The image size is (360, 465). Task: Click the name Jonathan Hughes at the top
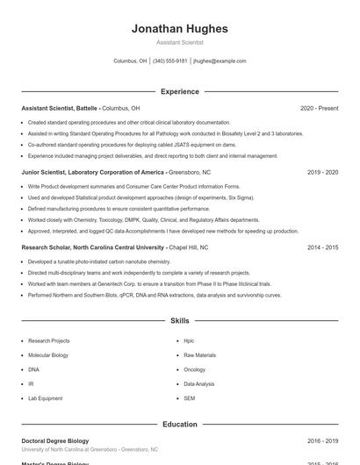[179, 29]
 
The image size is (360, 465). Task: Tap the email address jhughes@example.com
[220, 61]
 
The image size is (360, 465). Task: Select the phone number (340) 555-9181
[170, 61]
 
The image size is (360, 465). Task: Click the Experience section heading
[179, 91]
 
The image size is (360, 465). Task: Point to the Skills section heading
[179, 321]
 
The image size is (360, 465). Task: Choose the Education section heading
[179, 425]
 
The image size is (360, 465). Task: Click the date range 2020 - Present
[319, 108]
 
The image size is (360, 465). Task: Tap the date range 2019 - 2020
[322, 173]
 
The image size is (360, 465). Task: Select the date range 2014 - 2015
[322, 247]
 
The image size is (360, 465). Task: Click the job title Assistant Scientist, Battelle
[60, 108]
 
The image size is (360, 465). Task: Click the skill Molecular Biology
[47, 355]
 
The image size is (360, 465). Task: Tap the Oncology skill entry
[194, 369]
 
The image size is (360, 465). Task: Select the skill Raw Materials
[199, 355]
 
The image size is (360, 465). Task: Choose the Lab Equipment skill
[45, 398]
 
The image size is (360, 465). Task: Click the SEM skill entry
[189, 398]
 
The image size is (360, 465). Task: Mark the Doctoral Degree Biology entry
[54, 440]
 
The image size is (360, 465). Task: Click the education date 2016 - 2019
[322, 440]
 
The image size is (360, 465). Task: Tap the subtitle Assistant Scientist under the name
[179, 42]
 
